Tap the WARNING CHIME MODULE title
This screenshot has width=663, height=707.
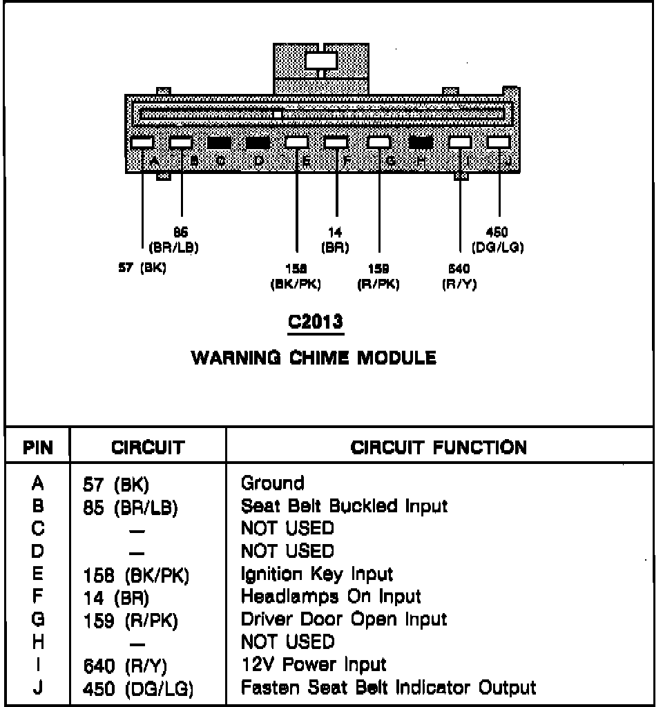314,358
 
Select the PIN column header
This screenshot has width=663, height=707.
39,447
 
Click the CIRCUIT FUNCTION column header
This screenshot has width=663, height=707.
439,447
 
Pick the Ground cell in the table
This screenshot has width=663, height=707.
272,483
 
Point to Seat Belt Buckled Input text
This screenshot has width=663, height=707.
344,505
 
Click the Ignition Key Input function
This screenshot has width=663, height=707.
316,574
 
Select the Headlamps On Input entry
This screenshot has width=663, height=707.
331,596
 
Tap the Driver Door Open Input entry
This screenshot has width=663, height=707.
344,619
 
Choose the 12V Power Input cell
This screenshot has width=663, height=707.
313,664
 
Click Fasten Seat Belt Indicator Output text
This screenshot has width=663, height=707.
388,687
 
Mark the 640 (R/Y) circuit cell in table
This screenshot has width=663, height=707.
125,666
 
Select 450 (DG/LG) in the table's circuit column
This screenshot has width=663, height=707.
137,688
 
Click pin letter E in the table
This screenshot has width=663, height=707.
39,574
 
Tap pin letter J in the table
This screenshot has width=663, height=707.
39,687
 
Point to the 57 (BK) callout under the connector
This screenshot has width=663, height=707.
143,269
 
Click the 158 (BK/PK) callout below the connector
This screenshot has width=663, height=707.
296,275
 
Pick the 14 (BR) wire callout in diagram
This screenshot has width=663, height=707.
336,240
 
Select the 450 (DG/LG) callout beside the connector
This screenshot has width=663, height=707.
497,240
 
